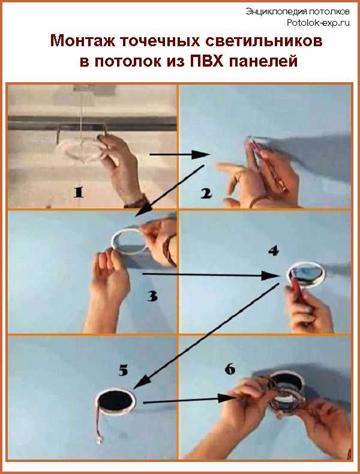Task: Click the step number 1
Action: pos(78,192)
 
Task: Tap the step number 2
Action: pos(206,193)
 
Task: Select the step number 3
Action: pos(152,296)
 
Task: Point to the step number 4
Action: pos(274,251)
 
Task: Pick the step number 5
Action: pos(123,370)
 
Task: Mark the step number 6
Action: pos(230,369)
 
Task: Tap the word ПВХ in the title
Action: pos(206,61)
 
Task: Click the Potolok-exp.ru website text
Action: pos(318,23)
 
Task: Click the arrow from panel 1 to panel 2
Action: pos(179,154)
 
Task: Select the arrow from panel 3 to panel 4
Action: pos(211,275)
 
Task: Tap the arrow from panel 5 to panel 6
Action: pos(189,400)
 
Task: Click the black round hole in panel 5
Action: pos(116,403)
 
